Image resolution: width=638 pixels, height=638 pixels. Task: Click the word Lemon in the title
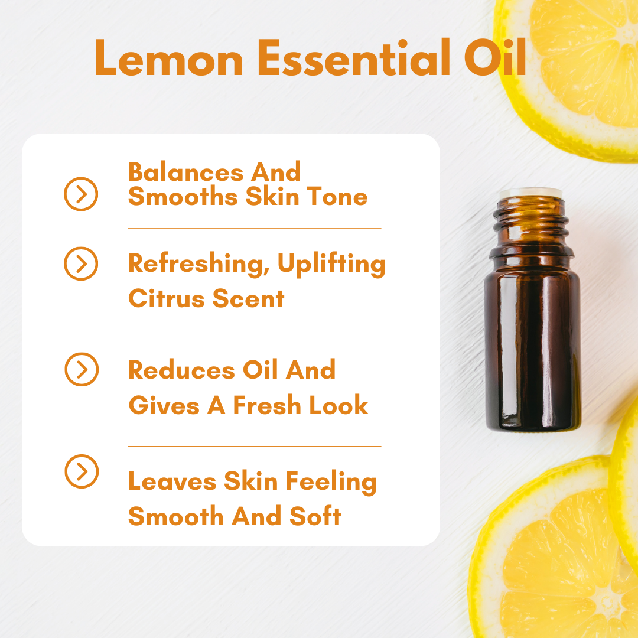pos(169,58)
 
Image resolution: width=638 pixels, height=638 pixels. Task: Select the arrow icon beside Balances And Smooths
pos(81,194)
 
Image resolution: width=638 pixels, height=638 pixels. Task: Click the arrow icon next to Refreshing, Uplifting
pos(81,263)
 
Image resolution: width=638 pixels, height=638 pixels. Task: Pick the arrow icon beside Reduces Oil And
pos(82,369)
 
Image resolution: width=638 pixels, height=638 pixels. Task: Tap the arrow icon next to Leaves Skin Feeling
pos(82,471)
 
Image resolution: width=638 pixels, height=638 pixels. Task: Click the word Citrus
pos(167,299)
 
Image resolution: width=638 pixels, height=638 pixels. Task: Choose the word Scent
pos(248,299)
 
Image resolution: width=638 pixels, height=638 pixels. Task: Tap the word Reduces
pos(181,370)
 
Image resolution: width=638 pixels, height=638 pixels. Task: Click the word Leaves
pos(172,481)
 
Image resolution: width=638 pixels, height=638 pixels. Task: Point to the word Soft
pos(315,516)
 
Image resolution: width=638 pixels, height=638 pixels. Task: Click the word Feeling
pos(331,483)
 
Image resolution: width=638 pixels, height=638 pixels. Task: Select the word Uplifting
pos(331,264)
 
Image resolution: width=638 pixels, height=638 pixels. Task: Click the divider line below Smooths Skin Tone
pos(254,229)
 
